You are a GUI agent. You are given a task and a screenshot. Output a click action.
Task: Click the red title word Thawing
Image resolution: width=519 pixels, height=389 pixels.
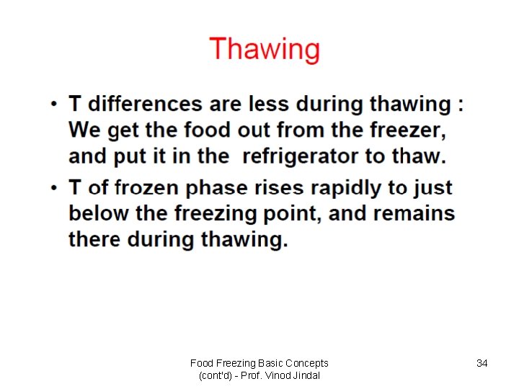pos(265,50)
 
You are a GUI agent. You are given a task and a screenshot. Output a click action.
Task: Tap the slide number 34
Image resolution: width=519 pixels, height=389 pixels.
pos(482,364)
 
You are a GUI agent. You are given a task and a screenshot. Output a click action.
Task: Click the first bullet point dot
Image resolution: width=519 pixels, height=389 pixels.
pos(55,105)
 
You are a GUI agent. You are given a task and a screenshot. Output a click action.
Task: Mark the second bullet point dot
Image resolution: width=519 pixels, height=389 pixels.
pos(55,189)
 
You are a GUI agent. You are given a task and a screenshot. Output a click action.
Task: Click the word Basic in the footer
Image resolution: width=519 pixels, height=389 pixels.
pos(264,364)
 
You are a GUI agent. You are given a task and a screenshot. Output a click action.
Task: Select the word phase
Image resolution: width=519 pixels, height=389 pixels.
pos(214,188)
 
